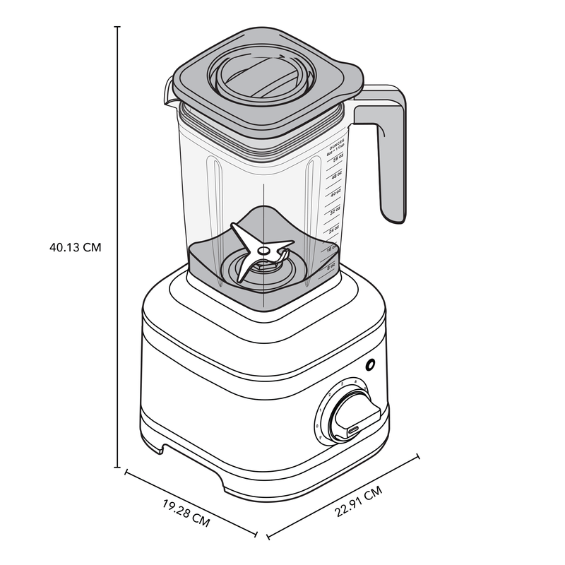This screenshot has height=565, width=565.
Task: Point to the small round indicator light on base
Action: click(x=369, y=365)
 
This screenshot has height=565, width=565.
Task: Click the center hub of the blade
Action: click(x=262, y=250)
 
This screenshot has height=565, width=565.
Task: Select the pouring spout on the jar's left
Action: click(x=169, y=92)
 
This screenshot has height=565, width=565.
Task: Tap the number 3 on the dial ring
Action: click(x=341, y=384)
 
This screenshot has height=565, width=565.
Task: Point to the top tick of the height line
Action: click(x=117, y=27)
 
